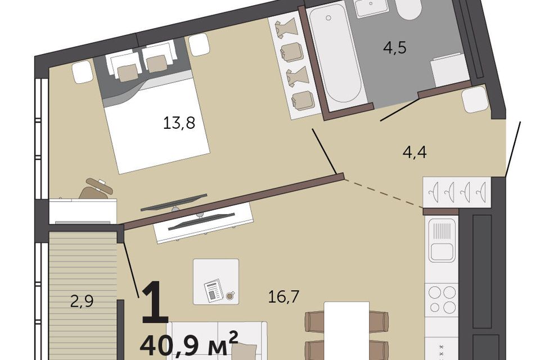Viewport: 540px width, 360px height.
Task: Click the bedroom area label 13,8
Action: [x=179, y=123]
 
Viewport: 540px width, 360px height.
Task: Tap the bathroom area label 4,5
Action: [x=395, y=48]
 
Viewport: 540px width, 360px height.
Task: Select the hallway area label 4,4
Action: [x=415, y=152]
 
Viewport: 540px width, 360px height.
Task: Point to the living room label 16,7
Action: [x=283, y=296]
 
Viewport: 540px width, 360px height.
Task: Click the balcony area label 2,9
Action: [x=82, y=301]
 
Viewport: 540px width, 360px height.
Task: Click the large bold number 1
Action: [x=155, y=302]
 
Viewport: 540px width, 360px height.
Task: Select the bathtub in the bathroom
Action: [x=334, y=55]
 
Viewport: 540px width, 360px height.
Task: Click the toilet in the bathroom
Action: [x=408, y=9]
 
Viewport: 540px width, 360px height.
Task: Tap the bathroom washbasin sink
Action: [x=371, y=7]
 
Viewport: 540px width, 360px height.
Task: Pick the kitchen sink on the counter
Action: [x=442, y=241]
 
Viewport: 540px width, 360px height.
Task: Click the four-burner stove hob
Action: [x=442, y=299]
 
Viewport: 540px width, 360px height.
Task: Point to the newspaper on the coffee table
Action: [x=214, y=290]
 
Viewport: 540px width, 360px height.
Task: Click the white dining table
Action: [x=347, y=331]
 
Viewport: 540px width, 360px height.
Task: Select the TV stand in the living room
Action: [x=204, y=222]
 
